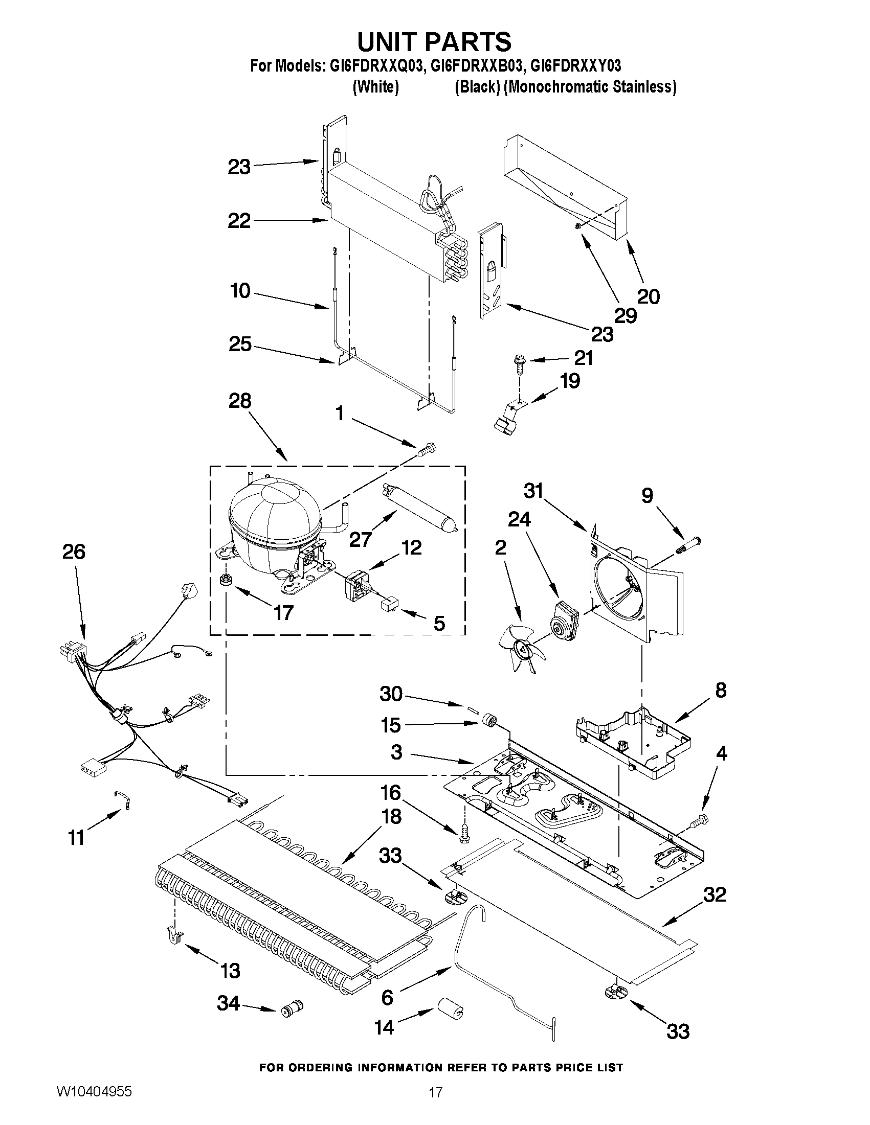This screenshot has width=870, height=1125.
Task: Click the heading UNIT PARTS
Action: tap(434, 42)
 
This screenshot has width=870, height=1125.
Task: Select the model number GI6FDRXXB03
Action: tap(477, 66)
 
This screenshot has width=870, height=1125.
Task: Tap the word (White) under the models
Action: tap(375, 87)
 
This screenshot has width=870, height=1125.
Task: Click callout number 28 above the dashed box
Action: tap(240, 401)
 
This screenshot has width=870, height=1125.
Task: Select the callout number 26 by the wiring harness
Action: tap(74, 552)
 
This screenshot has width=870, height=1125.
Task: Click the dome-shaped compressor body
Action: tap(273, 523)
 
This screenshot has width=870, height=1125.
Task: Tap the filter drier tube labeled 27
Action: tap(418, 503)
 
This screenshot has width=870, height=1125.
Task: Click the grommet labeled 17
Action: tap(225, 580)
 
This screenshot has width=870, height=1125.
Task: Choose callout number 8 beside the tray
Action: tap(720, 690)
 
